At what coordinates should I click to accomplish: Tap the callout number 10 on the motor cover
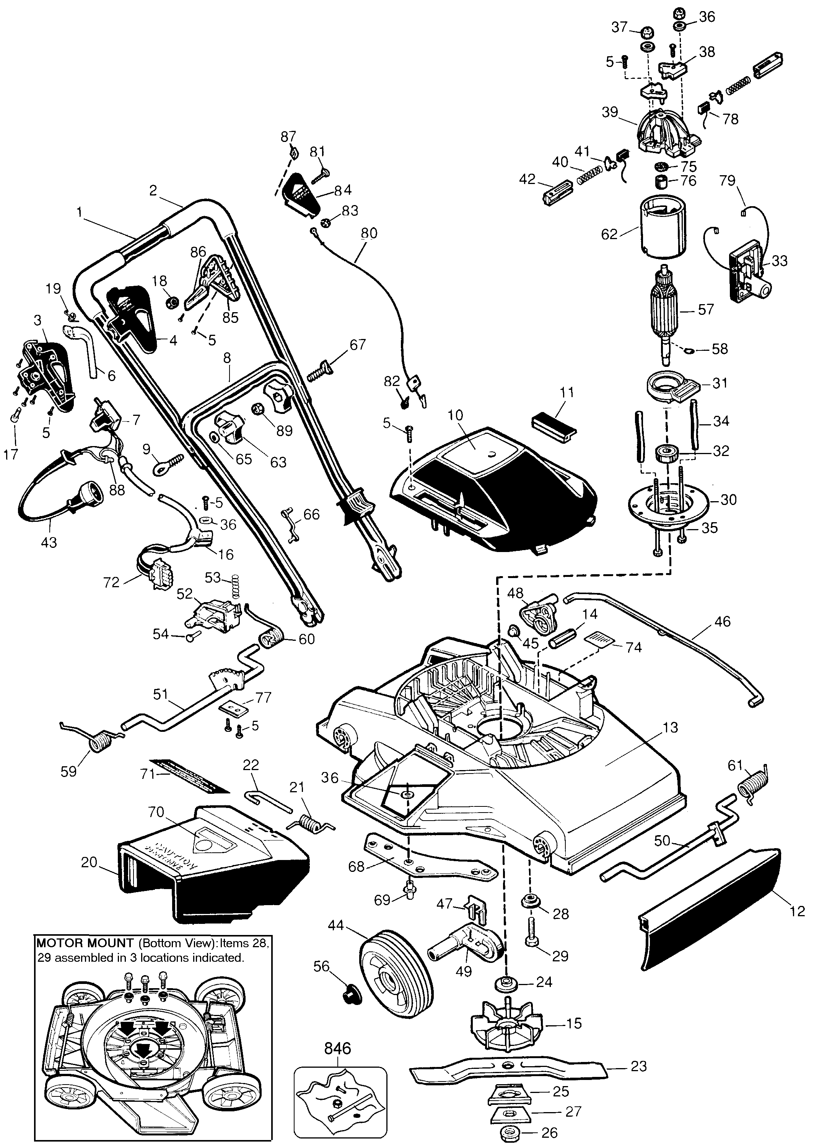click(x=456, y=415)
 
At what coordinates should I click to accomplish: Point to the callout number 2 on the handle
click(x=153, y=191)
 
